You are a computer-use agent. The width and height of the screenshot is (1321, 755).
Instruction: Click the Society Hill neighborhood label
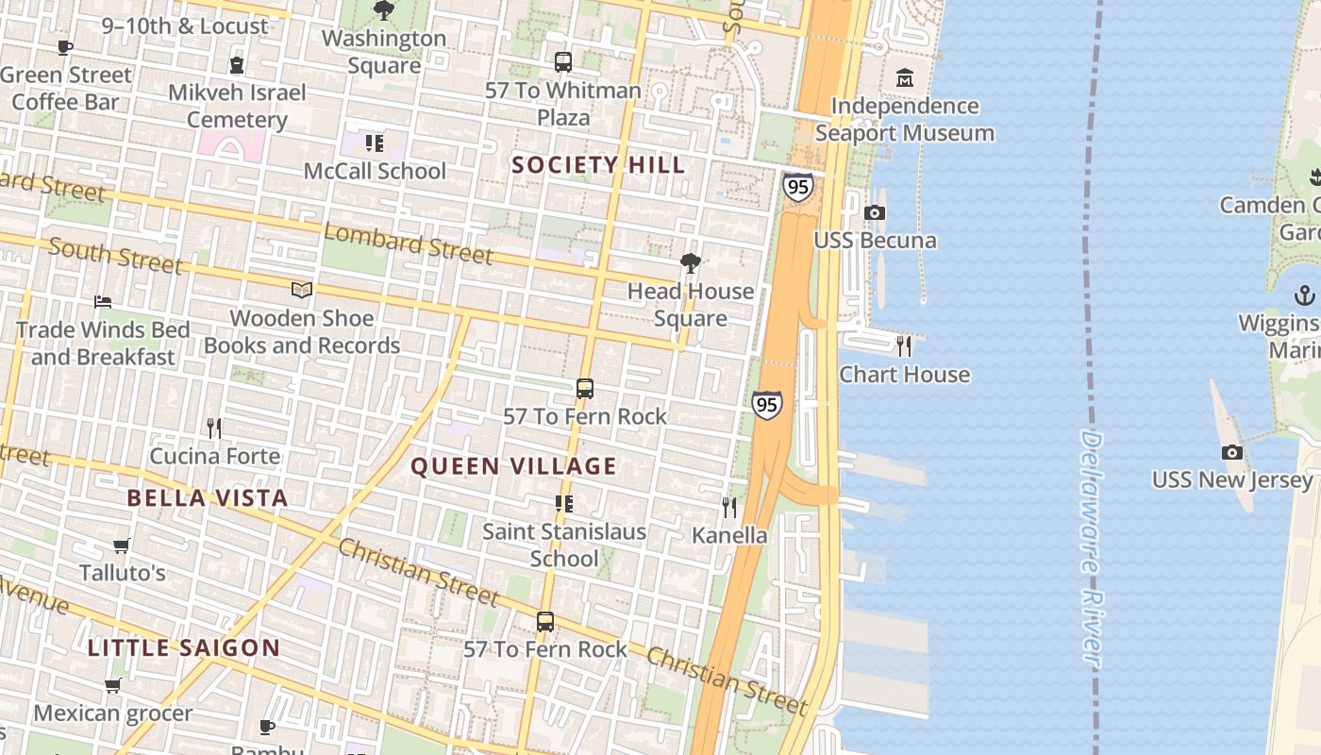pos(598,165)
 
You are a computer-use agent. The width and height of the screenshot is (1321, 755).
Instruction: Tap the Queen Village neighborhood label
pos(513,466)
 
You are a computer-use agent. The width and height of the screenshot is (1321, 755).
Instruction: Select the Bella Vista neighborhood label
pos(208,498)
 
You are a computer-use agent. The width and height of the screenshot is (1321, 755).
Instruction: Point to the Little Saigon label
pos(184,648)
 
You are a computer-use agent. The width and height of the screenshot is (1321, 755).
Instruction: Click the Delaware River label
pos(1092,549)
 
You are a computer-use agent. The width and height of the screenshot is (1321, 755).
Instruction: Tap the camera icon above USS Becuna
pos(875,212)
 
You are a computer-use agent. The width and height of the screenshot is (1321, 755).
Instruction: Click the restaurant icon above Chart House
pos(904,346)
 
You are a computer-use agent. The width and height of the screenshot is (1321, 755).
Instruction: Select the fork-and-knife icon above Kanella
pos(729,508)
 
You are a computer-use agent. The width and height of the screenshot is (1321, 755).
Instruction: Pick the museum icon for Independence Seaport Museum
pos(905,77)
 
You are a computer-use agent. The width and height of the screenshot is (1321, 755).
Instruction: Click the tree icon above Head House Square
pos(691,263)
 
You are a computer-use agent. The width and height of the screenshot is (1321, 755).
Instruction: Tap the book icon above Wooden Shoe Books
pos(302,291)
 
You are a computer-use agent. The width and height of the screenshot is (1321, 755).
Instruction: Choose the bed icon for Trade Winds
pos(103,302)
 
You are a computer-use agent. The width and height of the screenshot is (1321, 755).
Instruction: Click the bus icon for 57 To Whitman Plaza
pos(563,62)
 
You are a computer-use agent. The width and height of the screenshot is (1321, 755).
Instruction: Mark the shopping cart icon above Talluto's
pos(122,545)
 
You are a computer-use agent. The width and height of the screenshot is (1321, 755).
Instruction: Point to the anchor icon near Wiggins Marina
pos(1304,295)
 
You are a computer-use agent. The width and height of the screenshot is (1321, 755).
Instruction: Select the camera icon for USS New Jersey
pos(1231,453)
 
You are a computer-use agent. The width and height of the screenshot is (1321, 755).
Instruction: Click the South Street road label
pos(115,256)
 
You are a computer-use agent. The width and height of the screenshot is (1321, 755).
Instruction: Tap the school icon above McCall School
pos(375,143)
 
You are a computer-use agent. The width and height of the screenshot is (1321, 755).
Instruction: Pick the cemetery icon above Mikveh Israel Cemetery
pos(236,65)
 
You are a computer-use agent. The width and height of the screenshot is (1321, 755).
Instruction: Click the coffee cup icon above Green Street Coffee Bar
pos(65,47)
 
